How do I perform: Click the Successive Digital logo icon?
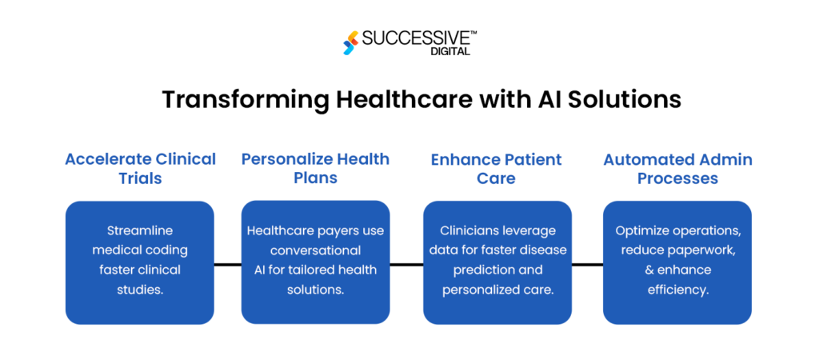tap(349, 42)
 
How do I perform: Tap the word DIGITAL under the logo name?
tap(453, 51)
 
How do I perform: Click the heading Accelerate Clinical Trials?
tap(140, 168)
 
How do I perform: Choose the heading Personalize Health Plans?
tap(315, 168)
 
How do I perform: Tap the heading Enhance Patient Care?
tap(496, 168)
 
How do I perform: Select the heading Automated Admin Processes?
tap(677, 168)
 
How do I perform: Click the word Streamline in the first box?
tap(140, 230)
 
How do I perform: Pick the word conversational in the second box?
tap(315, 250)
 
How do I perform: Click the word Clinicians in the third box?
tap(465, 230)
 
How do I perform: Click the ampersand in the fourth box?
tap(649, 270)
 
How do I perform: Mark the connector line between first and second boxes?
tap(227, 263)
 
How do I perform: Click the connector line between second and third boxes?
tap(406, 263)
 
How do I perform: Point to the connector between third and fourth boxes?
tap(587, 263)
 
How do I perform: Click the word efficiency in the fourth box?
tap(677, 289)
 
